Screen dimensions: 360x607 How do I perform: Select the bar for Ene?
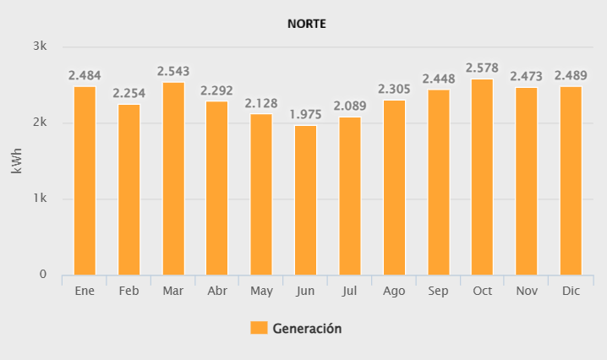(85, 181)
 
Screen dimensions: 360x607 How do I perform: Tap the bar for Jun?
(305, 200)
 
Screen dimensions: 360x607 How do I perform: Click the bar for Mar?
(173, 178)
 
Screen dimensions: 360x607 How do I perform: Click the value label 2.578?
(482, 68)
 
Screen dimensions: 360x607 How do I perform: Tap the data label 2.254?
(129, 94)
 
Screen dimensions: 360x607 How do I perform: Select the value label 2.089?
(349, 106)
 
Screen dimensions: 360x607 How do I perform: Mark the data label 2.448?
(438, 79)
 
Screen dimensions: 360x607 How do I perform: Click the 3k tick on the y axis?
(41, 46)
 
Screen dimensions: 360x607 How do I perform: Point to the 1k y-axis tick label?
(41, 199)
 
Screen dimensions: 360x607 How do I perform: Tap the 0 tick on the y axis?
(43, 275)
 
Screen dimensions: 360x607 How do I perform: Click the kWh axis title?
(18, 161)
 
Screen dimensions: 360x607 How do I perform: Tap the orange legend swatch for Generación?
(259, 328)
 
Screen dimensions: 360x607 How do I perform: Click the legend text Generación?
(307, 328)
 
